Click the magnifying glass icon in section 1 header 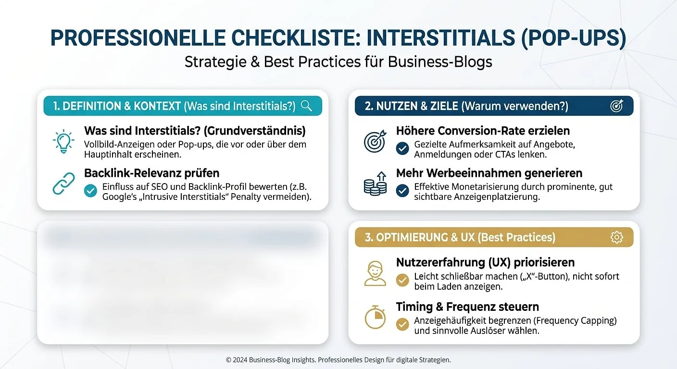point(306,106)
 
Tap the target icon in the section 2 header point(616,106)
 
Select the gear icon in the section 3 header point(616,237)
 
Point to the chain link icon point(63,183)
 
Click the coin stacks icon point(375,184)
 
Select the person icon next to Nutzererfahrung point(375,273)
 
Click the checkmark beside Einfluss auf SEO point(90,190)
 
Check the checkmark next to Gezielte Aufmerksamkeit point(402,148)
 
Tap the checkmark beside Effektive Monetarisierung point(402,191)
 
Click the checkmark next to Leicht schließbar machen point(402,280)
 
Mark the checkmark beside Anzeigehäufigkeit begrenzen point(402,324)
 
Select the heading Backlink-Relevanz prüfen point(151,173)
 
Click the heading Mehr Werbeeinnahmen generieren point(489,173)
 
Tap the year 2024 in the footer point(239,360)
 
